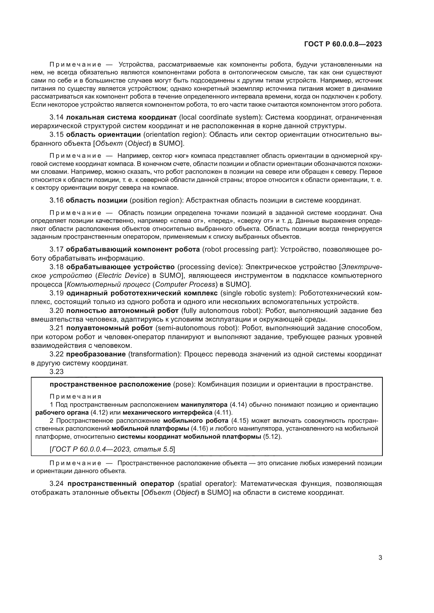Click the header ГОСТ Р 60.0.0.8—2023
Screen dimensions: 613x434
tap(343, 44)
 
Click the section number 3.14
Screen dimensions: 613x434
tap(56, 117)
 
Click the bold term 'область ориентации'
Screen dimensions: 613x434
tap(103, 134)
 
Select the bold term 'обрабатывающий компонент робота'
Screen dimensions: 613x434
tap(133, 249)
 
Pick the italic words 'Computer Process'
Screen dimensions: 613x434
tap(185, 284)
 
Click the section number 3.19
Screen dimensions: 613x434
tap(56, 293)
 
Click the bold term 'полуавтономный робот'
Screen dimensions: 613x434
tap(110, 328)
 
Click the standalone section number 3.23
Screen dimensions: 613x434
tap(56, 371)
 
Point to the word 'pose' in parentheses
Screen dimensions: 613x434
tap(183, 384)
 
